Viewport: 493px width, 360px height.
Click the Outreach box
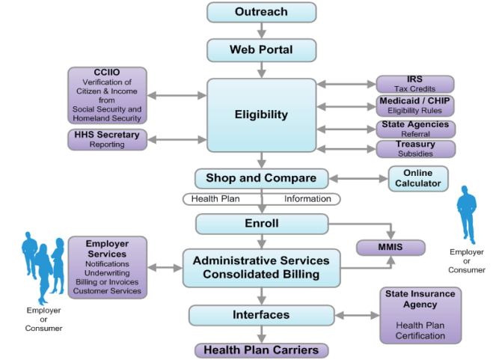261,13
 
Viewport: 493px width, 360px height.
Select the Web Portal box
261,51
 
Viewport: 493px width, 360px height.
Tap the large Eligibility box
261,115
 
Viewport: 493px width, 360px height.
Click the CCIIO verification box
108,95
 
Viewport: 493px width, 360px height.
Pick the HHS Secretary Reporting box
108,139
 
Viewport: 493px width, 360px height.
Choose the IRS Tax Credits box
414,84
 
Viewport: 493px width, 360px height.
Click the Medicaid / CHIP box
414,106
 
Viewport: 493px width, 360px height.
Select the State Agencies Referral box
414,128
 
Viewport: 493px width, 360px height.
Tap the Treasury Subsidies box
414,148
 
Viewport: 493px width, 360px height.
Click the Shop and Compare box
261,179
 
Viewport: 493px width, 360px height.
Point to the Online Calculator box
417,178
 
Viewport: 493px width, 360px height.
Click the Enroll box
261,224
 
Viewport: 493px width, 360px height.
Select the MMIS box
390,247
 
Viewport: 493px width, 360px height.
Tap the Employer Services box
107,267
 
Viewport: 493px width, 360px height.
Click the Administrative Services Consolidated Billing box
261,267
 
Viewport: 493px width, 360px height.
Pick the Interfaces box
261,315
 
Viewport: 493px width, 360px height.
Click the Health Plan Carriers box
261,350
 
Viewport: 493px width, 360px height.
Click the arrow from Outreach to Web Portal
261,31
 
